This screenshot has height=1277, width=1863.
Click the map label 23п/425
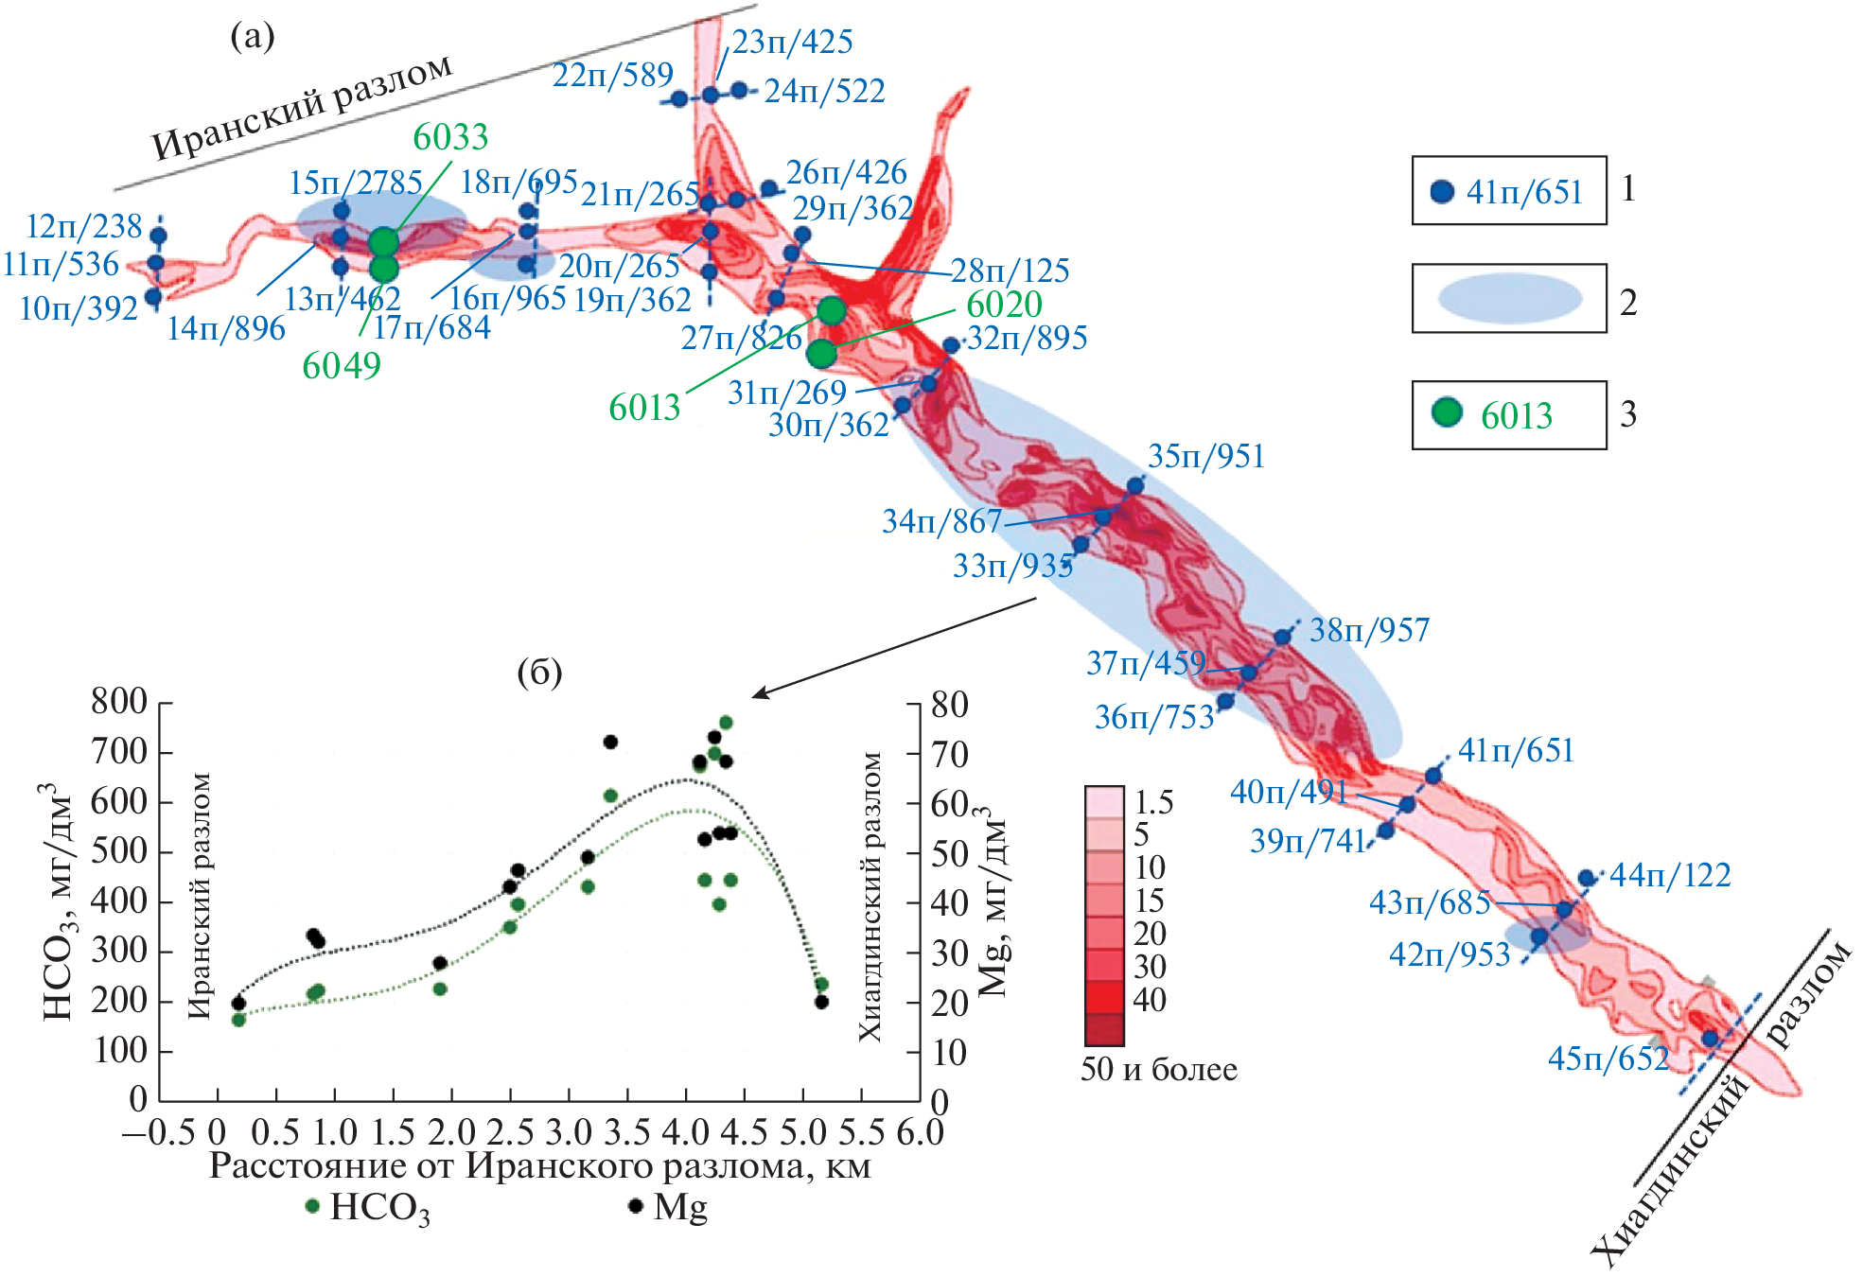pos(792,42)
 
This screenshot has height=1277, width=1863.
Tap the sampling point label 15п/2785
pos(355,182)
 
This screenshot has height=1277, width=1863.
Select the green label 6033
pos(450,138)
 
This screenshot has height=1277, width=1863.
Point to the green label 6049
pos(342,366)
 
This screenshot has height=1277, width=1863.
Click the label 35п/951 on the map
pos(1206,456)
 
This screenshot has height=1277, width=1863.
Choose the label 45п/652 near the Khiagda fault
pos(1608,1058)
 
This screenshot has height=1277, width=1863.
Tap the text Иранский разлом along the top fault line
pos(302,107)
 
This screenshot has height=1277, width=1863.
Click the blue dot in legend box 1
pos(1441,192)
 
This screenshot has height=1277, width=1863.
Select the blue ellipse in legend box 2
pos(1509,299)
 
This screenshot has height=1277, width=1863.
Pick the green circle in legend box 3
pos(1446,412)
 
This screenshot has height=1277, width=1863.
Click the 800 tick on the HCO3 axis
pos(119,702)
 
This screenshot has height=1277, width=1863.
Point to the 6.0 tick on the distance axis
pos(920,1133)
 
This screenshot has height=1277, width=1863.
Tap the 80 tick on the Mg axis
pos(950,705)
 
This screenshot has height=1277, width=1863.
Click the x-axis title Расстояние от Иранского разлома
pos(539,1166)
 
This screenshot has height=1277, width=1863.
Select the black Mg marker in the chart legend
pos(636,1207)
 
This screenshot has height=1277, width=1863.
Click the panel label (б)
pos(539,673)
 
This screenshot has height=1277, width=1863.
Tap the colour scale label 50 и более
pos(1158,1070)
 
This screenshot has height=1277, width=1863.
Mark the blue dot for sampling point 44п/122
pos(1587,879)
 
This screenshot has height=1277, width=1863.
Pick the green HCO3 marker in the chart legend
pos(313,1207)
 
